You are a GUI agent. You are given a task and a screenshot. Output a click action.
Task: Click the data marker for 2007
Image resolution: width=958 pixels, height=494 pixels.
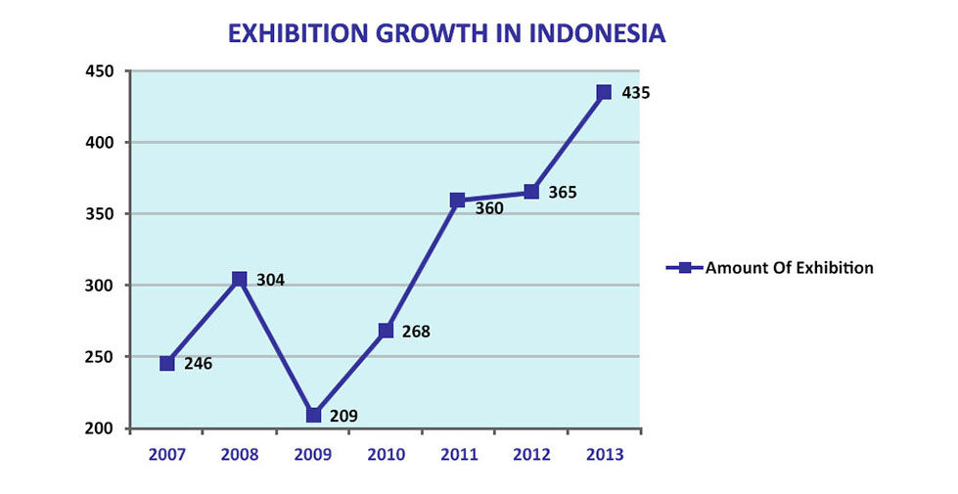[167, 363]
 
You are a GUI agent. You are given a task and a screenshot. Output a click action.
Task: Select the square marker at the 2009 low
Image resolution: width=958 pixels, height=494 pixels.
[313, 415]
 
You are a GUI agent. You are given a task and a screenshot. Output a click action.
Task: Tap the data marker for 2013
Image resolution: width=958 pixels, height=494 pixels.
[604, 92]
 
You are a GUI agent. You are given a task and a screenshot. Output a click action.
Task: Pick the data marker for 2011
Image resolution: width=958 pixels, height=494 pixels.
[457, 200]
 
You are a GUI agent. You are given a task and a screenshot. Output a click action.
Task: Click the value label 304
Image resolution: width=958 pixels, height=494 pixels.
[270, 281]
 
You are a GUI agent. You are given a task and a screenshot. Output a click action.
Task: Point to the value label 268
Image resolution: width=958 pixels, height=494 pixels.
[416, 332]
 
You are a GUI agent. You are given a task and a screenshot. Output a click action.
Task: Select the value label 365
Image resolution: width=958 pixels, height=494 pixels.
[563, 193]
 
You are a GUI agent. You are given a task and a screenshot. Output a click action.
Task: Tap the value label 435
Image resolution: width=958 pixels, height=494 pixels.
[636, 94]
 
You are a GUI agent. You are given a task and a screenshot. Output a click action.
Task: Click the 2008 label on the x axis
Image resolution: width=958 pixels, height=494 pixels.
[240, 455]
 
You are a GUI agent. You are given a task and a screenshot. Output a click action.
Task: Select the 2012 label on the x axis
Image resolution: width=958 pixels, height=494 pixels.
[531, 455]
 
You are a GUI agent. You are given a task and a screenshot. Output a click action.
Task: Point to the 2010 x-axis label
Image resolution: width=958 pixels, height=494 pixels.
[386, 455]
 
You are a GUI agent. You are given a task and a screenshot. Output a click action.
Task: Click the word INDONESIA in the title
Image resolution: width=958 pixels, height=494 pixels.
[598, 33]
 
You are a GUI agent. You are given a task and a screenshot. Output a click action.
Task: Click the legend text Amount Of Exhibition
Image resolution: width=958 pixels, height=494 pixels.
[789, 267]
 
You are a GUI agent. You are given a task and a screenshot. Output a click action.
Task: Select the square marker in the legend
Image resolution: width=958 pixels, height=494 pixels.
[685, 267]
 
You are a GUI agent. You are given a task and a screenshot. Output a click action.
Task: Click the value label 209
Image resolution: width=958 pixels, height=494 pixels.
[343, 416]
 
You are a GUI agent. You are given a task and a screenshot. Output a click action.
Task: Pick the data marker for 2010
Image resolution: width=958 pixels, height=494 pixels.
[386, 331]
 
